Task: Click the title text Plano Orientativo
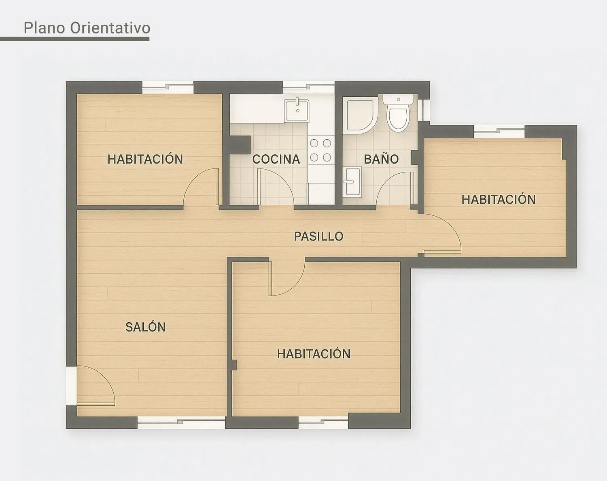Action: tap(87, 28)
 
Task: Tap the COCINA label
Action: tap(276, 159)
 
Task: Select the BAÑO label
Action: tap(381, 159)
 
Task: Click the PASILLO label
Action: tap(318, 236)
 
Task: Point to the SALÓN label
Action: tap(145, 327)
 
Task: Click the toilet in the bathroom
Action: tap(398, 113)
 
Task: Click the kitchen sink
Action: tap(297, 111)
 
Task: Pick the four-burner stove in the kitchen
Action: tap(321, 150)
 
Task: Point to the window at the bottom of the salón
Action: tap(181, 423)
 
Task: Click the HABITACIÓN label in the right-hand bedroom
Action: tap(499, 200)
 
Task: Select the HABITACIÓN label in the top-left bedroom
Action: tap(145, 159)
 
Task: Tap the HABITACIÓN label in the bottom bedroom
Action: tap(314, 354)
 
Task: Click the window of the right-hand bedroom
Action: tap(499, 131)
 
